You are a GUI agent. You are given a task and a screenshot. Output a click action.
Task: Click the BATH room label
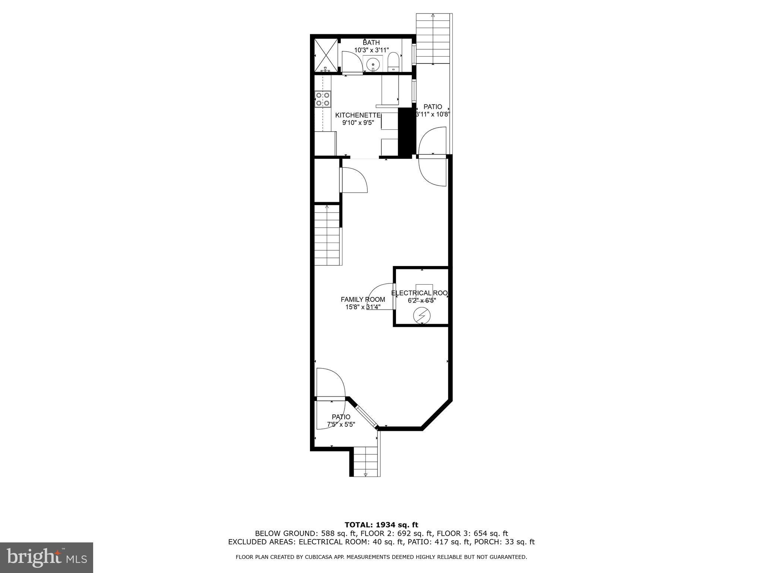[x=371, y=43]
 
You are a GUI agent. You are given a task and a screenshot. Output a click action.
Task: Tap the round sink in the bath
[x=373, y=65]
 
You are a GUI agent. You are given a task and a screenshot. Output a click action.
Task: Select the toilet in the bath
[x=393, y=62]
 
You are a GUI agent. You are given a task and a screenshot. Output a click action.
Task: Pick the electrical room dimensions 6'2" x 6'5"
[x=422, y=300]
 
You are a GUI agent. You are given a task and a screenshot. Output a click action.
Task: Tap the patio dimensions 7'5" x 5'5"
[x=341, y=424]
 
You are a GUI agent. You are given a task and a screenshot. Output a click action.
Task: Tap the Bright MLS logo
[x=47, y=557]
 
